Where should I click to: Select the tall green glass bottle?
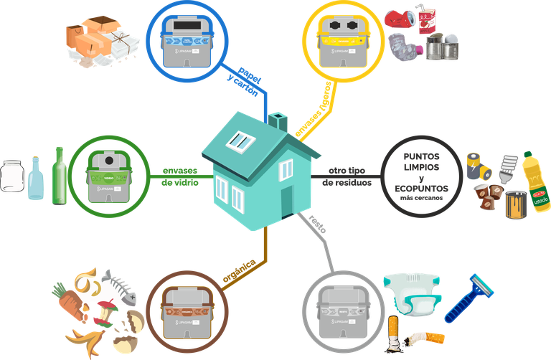point(58,176)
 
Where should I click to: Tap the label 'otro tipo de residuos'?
point(348,178)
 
